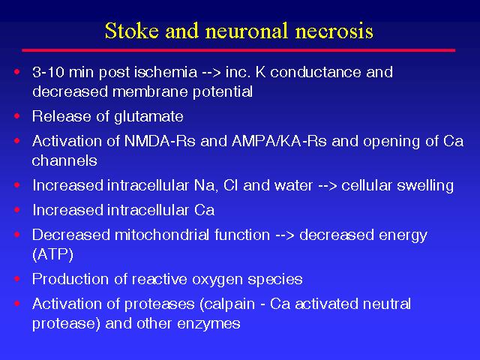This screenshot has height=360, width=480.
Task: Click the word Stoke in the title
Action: click(x=132, y=31)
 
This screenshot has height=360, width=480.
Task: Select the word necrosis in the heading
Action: click(x=334, y=31)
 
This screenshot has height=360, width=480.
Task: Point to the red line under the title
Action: click(x=238, y=50)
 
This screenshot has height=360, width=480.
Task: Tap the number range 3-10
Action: click(x=48, y=72)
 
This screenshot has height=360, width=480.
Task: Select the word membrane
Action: click(x=150, y=91)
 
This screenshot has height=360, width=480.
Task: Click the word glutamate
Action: click(x=148, y=117)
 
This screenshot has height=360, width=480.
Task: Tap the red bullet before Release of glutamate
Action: click(x=16, y=116)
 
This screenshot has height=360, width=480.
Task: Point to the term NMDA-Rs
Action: click(x=160, y=141)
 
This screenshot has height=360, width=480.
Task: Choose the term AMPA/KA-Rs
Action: click(x=279, y=141)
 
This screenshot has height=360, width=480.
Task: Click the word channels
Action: click(x=64, y=160)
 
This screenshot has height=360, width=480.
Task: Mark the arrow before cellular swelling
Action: click(x=328, y=186)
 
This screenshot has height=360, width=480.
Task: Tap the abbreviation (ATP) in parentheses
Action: click(x=52, y=255)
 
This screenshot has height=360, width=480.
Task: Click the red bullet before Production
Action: click(x=16, y=278)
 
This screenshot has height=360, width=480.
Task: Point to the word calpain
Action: click(x=227, y=304)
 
